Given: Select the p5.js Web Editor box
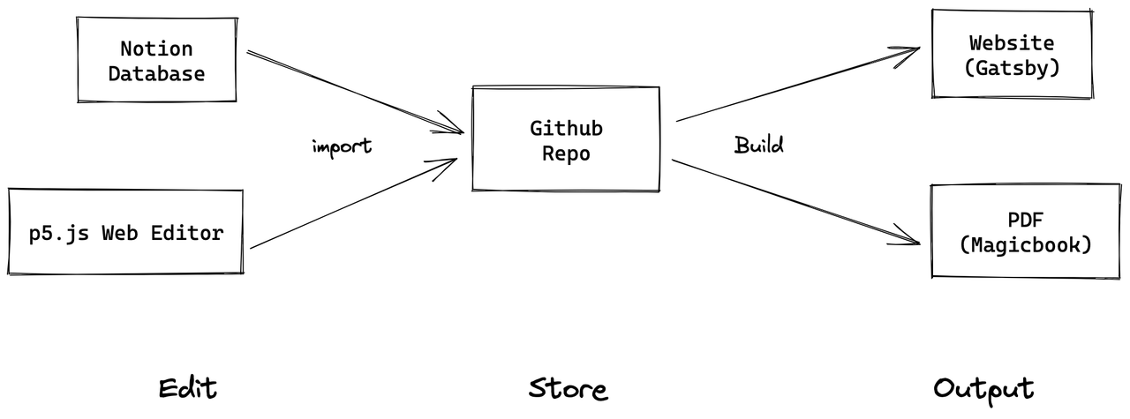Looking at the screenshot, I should [x=125, y=233].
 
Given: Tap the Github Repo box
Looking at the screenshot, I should [x=566, y=138].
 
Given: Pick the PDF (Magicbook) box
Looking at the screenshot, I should [x=1024, y=232].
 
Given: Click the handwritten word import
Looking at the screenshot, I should [x=342, y=146].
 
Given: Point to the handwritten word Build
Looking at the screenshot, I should [x=758, y=145].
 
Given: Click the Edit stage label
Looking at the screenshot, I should [x=187, y=388].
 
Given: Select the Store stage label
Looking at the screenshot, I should [x=568, y=389].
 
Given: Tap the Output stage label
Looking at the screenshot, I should [x=983, y=389].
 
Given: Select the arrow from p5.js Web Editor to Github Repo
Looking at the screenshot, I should [x=353, y=204].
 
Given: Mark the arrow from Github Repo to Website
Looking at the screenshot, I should [x=795, y=85].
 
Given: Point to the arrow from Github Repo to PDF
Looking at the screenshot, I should [x=795, y=200].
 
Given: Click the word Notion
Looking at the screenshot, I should [x=156, y=49].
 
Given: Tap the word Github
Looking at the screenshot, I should [x=566, y=128].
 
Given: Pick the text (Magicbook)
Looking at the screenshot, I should [x=1025, y=244].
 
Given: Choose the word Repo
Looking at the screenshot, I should [x=566, y=152].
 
